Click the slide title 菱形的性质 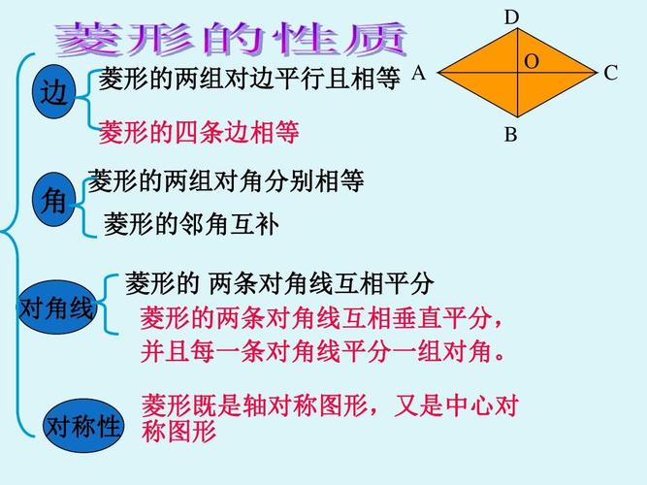click(231, 39)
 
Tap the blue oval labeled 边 click(55, 94)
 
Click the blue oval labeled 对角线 click(56, 309)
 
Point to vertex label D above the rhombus click(512, 17)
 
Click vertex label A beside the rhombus click(419, 73)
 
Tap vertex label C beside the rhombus click(610, 73)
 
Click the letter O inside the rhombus click(532, 61)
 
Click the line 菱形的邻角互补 click(191, 225)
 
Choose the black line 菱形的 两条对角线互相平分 click(279, 284)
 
